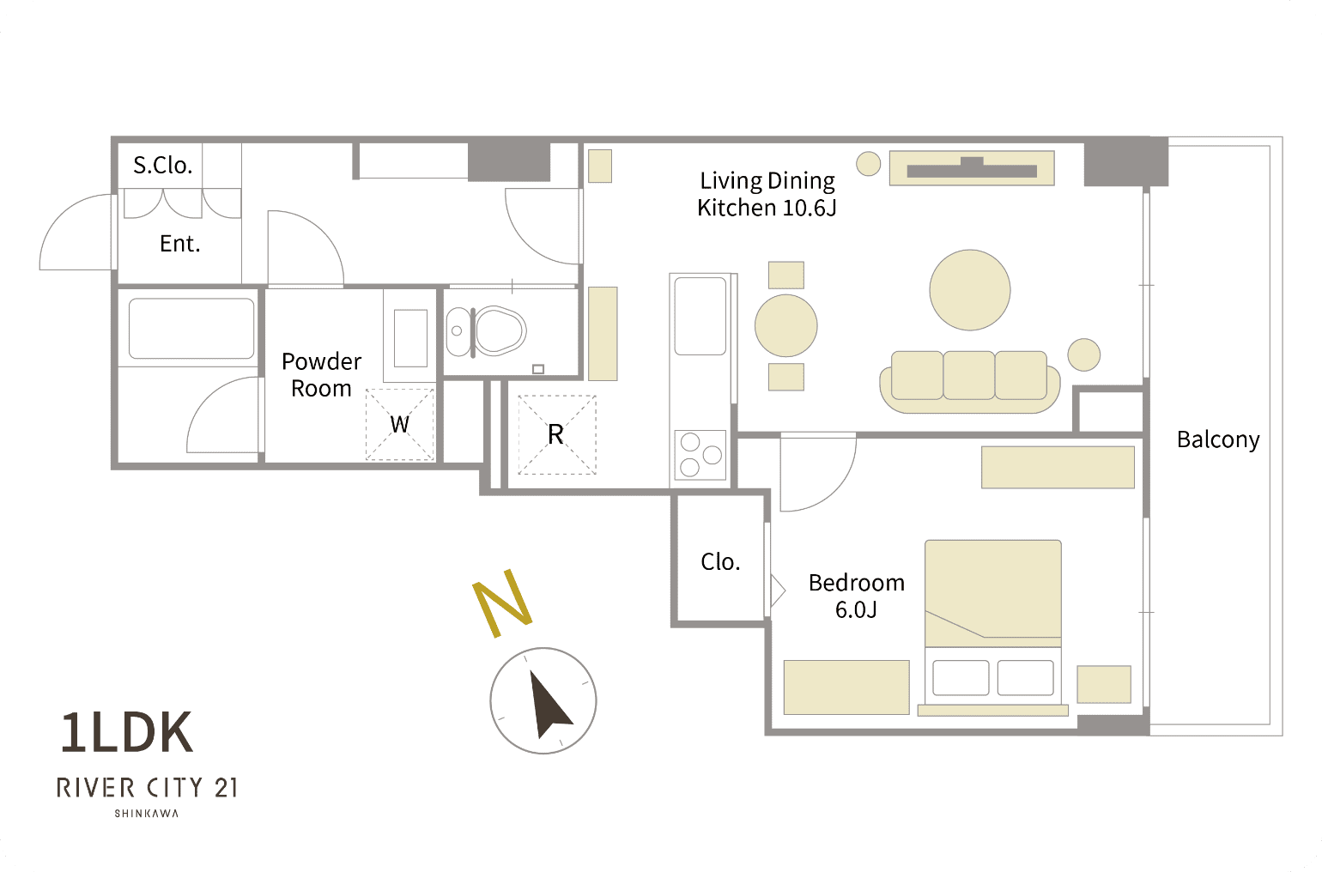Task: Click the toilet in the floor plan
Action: [x=486, y=331]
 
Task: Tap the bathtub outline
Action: [x=191, y=328]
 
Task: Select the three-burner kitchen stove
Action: [x=700, y=455]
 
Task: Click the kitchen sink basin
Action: [x=700, y=316]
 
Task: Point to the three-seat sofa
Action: [x=970, y=381]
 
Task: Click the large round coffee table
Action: [x=970, y=290]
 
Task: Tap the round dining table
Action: [x=785, y=325]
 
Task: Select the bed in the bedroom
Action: [x=992, y=627]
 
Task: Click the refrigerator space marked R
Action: [x=556, y=435]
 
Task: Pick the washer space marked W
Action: [x=399, y=424]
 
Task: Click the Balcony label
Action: [x=1217, y=440]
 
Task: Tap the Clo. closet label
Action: [x=720, y=561]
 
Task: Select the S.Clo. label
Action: [x=163, y=165]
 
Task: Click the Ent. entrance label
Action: [x=180, y=243]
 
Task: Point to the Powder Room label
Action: [x=321, y=375]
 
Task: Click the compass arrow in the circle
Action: [x=549, y=704]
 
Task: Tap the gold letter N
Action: [x=503, y=603]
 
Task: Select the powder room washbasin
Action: [x=410, y=338]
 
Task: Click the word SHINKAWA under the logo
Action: [x=146, y=813]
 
